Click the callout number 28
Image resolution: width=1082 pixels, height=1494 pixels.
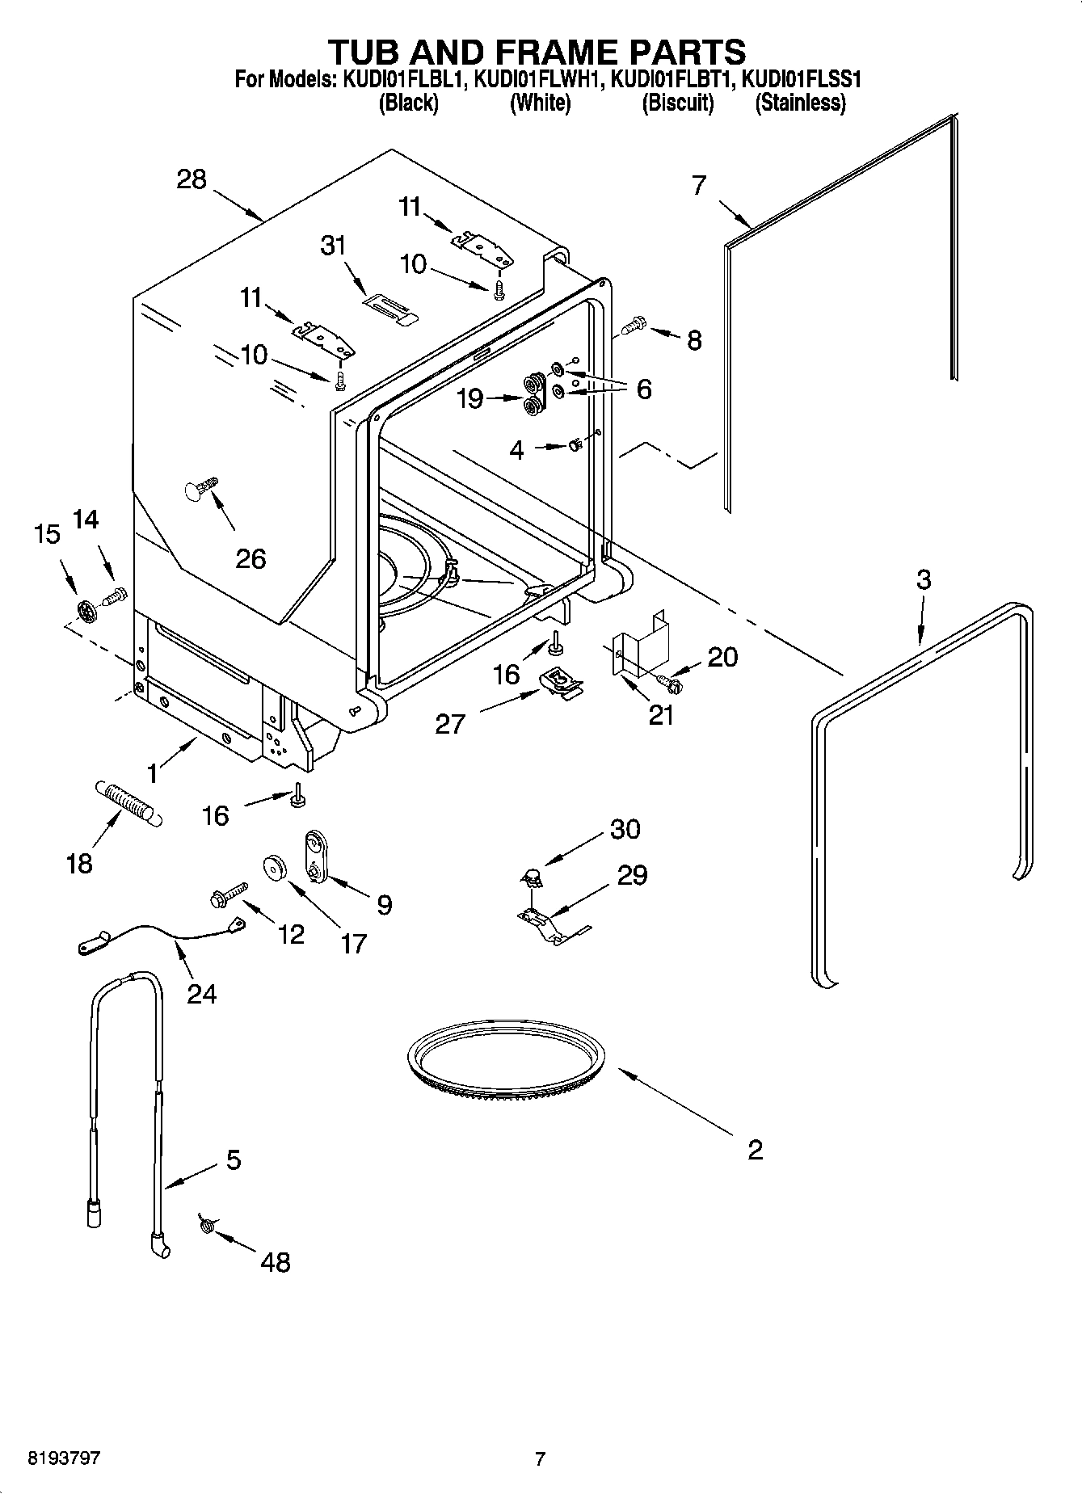pos(192,179)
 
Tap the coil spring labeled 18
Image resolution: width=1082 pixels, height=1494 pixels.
pos(128,802)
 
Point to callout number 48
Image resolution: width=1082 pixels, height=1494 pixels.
pos(276,1261)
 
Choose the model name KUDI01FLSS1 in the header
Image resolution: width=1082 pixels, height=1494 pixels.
pos(801,80)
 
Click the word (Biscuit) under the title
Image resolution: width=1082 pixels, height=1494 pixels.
pos(677,103)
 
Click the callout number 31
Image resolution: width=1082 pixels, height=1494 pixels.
pos(333,245)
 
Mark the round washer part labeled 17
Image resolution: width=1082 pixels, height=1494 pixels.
pos(276,868)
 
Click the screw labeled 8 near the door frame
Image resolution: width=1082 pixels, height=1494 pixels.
pos(633,326)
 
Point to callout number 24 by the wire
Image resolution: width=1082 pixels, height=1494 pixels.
pos(201,993)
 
